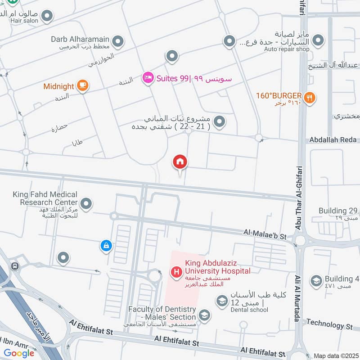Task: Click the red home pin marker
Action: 180,162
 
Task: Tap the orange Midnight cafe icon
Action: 82,85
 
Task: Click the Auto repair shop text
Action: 287,49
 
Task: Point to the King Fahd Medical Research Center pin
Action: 86,204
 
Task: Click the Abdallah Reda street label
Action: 333,140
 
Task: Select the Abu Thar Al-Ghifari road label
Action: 299,198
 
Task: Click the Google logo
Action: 19,353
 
